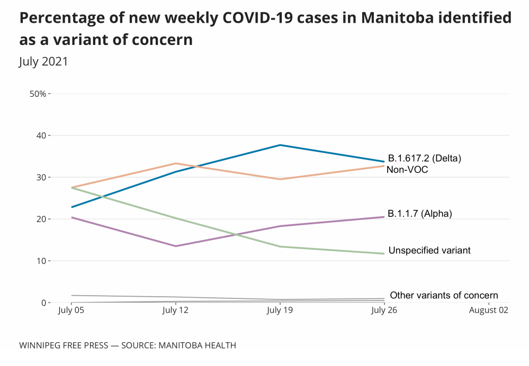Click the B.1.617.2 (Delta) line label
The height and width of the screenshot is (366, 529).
425,158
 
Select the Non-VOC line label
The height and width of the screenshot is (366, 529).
407,170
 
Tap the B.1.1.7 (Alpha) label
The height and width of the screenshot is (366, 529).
419,214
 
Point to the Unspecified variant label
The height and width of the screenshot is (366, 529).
429,250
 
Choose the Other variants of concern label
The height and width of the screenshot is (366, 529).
444,295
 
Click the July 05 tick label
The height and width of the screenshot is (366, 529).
71,310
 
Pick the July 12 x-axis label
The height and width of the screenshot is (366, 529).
175,310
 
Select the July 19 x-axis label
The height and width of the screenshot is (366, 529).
280,310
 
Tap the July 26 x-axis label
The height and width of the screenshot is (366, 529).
384,310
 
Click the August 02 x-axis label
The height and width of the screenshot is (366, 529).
488,310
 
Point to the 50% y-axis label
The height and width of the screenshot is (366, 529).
38,94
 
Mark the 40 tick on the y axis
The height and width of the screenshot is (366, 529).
40,135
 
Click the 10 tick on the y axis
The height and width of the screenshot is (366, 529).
40,261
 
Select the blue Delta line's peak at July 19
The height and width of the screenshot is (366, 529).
280,145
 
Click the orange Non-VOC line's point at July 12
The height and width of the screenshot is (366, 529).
175,163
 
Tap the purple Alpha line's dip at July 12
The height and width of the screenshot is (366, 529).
175,246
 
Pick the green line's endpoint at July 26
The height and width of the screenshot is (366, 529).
384,253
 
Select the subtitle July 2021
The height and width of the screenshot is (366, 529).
43,61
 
